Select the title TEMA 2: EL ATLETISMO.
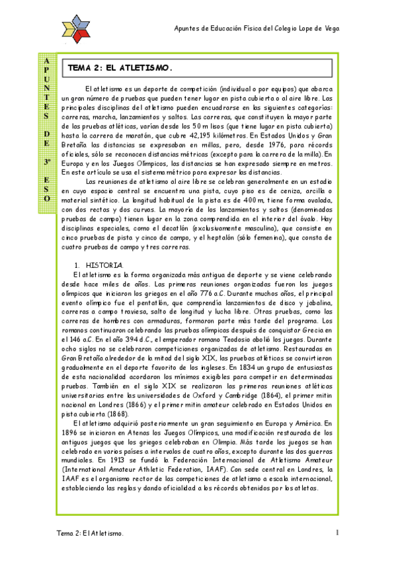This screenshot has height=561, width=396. click(x=120, y=67)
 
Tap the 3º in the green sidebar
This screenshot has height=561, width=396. click(x=47, y=161)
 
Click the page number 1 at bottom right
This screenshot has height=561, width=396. click(x=337, y=533)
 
